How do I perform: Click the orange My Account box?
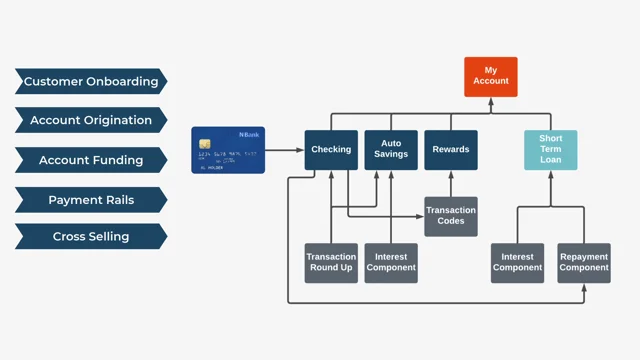pos(491,76)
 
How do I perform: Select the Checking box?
pos(331,150)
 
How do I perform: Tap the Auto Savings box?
pos(391,150)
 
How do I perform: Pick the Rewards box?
pos(451,150)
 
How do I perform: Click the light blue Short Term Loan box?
pos(551,150)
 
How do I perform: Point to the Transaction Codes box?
pos(451,216)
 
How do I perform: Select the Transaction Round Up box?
pos(331,263)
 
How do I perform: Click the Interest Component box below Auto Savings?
pos(391,263)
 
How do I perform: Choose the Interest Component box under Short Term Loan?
pos(517,263)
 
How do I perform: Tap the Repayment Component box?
pos(584,263)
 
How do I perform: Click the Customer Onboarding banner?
pos(91,81)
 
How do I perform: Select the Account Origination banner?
pos(91,120)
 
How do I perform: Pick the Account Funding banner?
pos(91,160)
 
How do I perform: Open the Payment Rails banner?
pos(91,200)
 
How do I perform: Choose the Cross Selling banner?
pos(91,237)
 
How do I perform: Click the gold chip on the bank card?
pos(205,144)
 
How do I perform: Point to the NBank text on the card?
pos(249,134)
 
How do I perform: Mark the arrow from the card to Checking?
pos(285,150)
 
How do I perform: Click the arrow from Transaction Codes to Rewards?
pos(451,183)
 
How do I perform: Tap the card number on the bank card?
pos(228,154)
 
